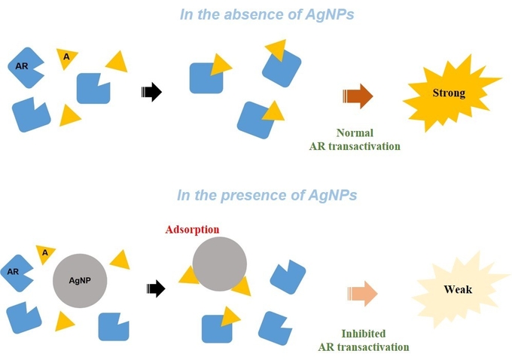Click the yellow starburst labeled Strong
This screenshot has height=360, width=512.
click(x=450, y=93)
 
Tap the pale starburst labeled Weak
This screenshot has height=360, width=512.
click(x=457, y=290)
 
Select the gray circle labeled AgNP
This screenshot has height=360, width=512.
click(x=80, y=281)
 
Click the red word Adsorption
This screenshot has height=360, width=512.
click(x=192, y=229)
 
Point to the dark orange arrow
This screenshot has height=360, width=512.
click(x=358, y=96)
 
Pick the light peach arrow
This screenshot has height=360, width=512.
click(x=362, y=294)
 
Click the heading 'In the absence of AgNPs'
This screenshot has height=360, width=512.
click(x=267, y=14)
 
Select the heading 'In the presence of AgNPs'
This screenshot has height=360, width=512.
click(x=267, y=195)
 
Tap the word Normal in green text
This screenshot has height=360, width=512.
click(x=355, y=133)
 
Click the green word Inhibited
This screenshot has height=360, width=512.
click(x=364, y=334)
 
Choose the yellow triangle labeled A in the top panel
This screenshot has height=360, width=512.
click(x=66, y=58)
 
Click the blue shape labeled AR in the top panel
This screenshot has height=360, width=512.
click(x=25, y=68)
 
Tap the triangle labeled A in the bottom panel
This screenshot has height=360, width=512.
click(x=45, y=254)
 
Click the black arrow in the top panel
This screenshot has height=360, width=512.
click(x=151, y=92)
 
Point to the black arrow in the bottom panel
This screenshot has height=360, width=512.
click(x=156, y=288)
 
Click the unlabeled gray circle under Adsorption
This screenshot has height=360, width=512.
click(x=219, y=264)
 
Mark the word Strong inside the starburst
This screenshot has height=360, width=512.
click(x=449, y=93)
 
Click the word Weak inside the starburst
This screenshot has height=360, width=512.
click(x=458, y=289)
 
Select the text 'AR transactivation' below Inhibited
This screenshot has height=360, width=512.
click(x=364, y=347)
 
